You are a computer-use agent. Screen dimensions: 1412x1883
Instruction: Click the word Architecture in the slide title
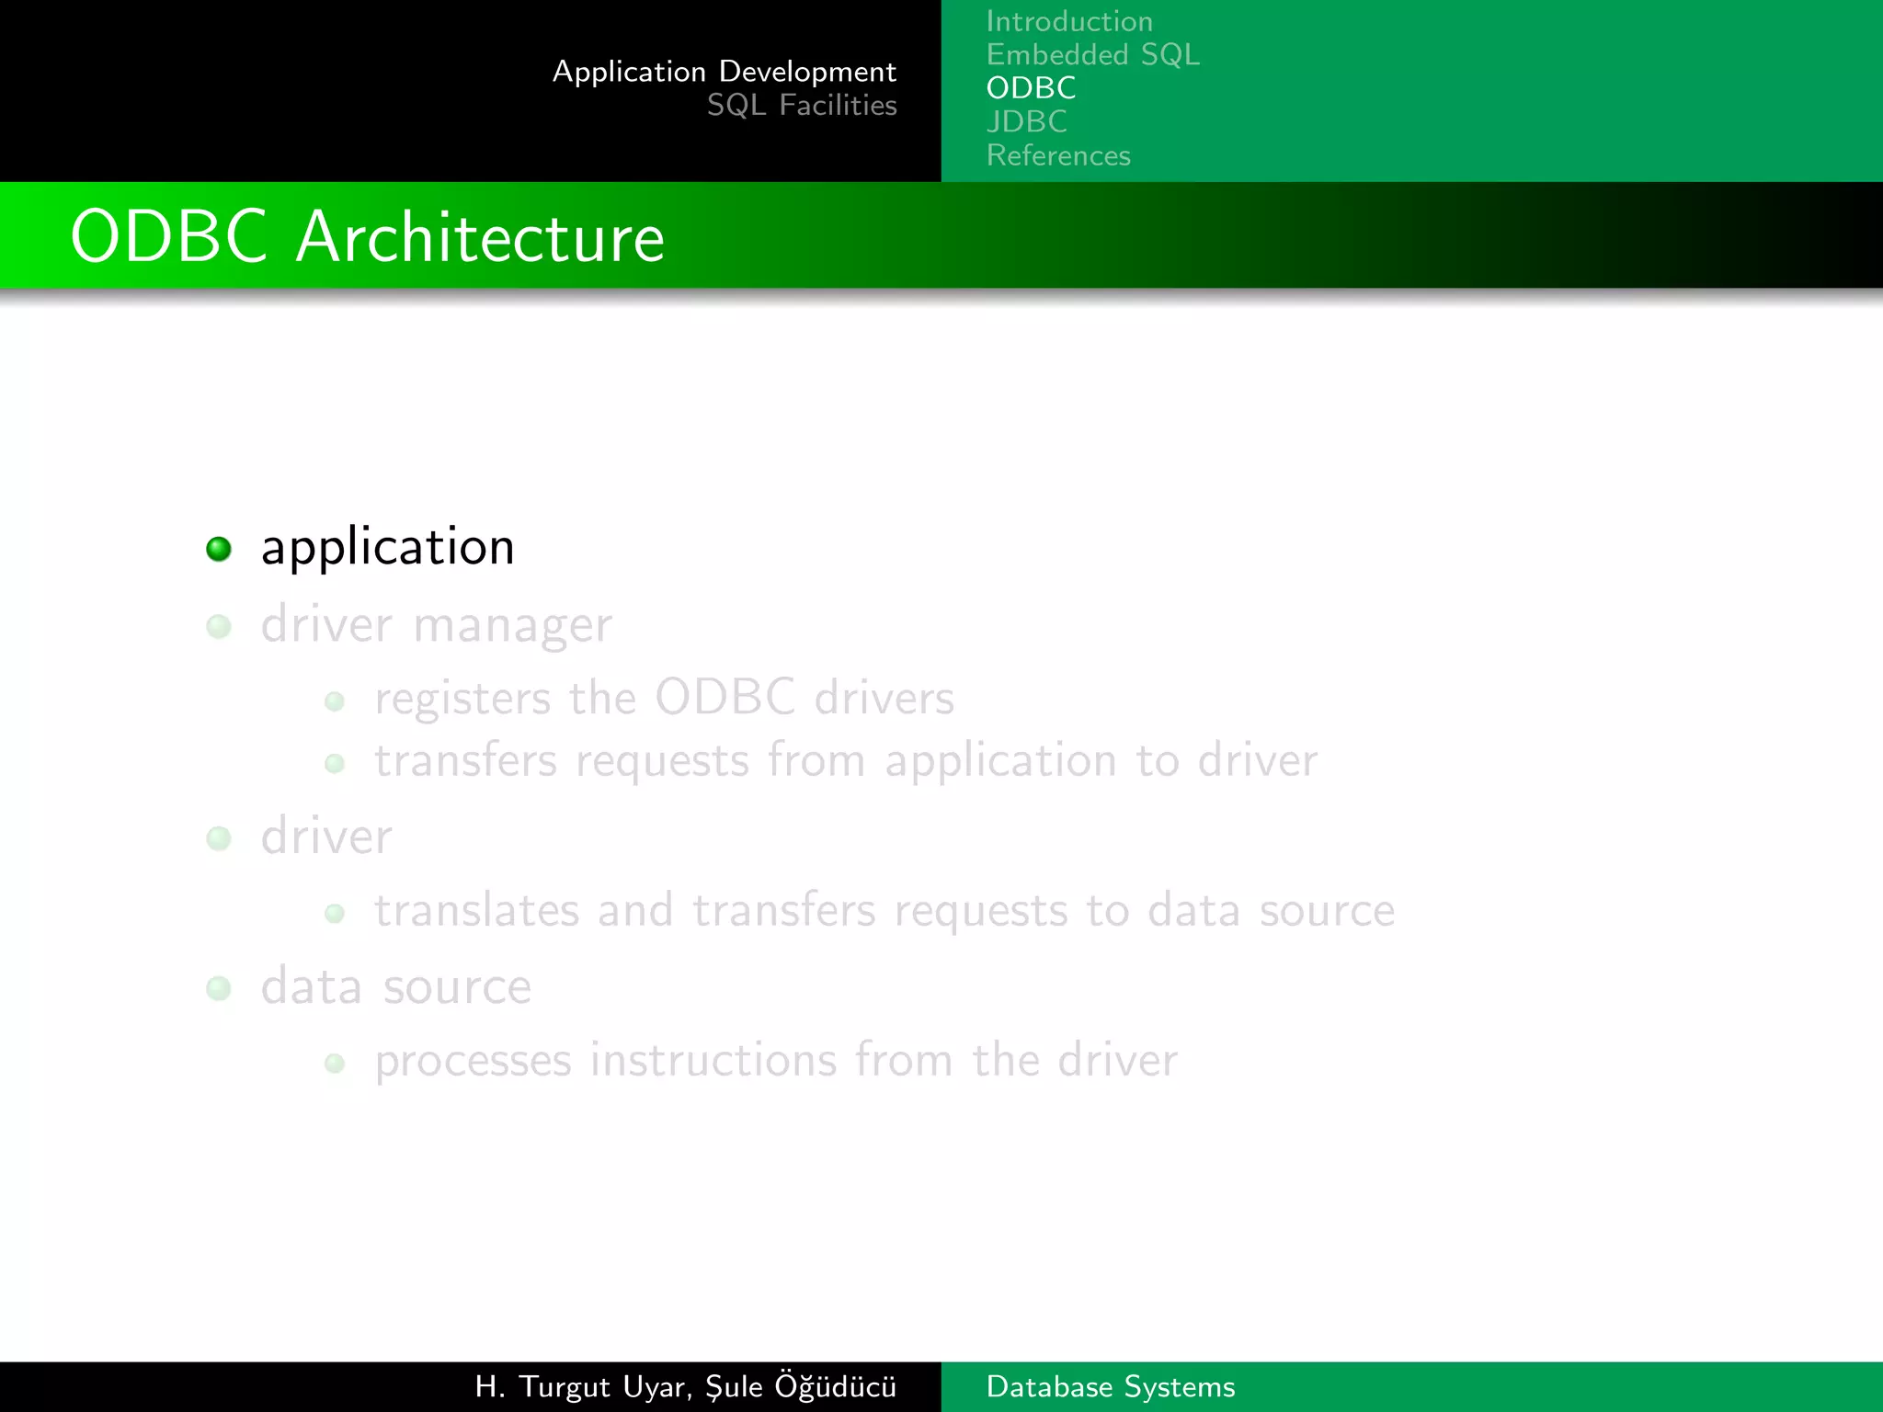480,237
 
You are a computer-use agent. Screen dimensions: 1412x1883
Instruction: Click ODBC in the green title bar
169,237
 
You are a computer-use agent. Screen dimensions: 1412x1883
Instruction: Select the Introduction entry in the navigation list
1069,21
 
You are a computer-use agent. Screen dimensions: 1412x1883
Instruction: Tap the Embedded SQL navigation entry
1092,55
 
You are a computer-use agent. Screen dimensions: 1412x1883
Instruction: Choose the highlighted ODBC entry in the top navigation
1031,88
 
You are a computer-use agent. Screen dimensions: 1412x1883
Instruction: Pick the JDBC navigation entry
1026,121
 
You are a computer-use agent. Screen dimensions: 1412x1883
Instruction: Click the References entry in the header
1058,155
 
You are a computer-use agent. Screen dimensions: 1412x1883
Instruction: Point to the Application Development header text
724,72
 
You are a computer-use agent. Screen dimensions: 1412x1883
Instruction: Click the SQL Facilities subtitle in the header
801,106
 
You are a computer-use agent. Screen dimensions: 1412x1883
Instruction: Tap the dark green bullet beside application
219,549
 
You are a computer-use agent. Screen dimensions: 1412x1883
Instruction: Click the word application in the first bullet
387,549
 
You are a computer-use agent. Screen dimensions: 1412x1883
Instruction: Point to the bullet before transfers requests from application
335,763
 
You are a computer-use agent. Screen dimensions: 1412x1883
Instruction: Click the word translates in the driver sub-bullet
476,911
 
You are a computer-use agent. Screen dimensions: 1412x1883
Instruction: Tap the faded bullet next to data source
219,988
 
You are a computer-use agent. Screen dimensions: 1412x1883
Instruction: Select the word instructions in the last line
713,1060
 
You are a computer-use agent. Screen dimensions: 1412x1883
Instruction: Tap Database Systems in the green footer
1110,1386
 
